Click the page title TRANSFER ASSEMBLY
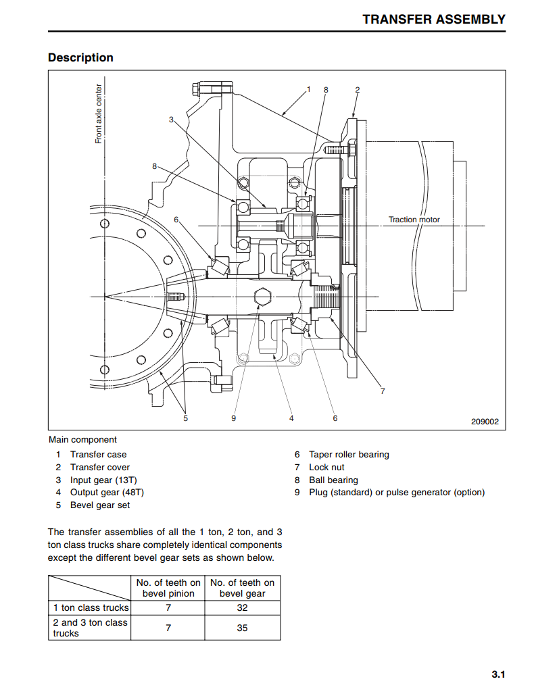(433, 20)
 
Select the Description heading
(80, 57)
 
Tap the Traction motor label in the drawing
(414, 220)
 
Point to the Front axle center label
(99, 114)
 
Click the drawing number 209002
(485, 422)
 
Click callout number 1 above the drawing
(308, 89)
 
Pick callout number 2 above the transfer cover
(357, 90)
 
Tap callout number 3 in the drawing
(171, 120)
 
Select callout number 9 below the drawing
(233, 418)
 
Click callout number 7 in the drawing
(383, 391)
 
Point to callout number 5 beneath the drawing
(186, 418)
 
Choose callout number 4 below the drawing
(291, 418)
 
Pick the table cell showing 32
(243, 607)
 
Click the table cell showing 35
(243, 628)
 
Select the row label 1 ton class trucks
(91, 607)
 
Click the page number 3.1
(498, 674)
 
